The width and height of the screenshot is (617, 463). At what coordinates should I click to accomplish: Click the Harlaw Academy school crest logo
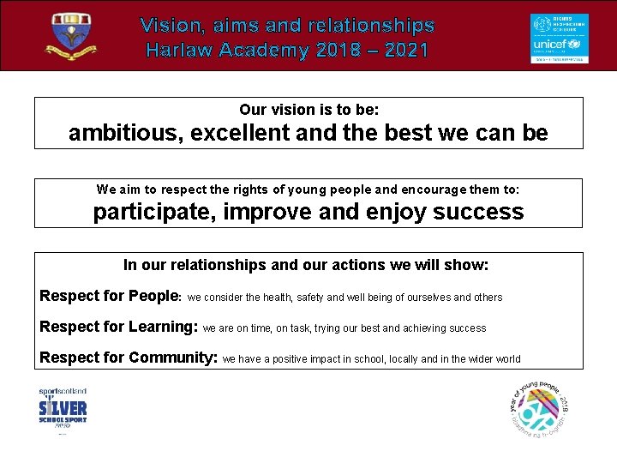(74, 36)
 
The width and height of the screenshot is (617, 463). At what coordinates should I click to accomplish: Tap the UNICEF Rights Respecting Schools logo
(559, 38)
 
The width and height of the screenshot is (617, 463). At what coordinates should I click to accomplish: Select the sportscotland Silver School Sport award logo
(63, 410)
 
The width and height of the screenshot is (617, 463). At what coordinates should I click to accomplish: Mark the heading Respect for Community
(129, 358)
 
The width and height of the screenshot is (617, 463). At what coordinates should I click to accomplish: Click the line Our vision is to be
(308, 110)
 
